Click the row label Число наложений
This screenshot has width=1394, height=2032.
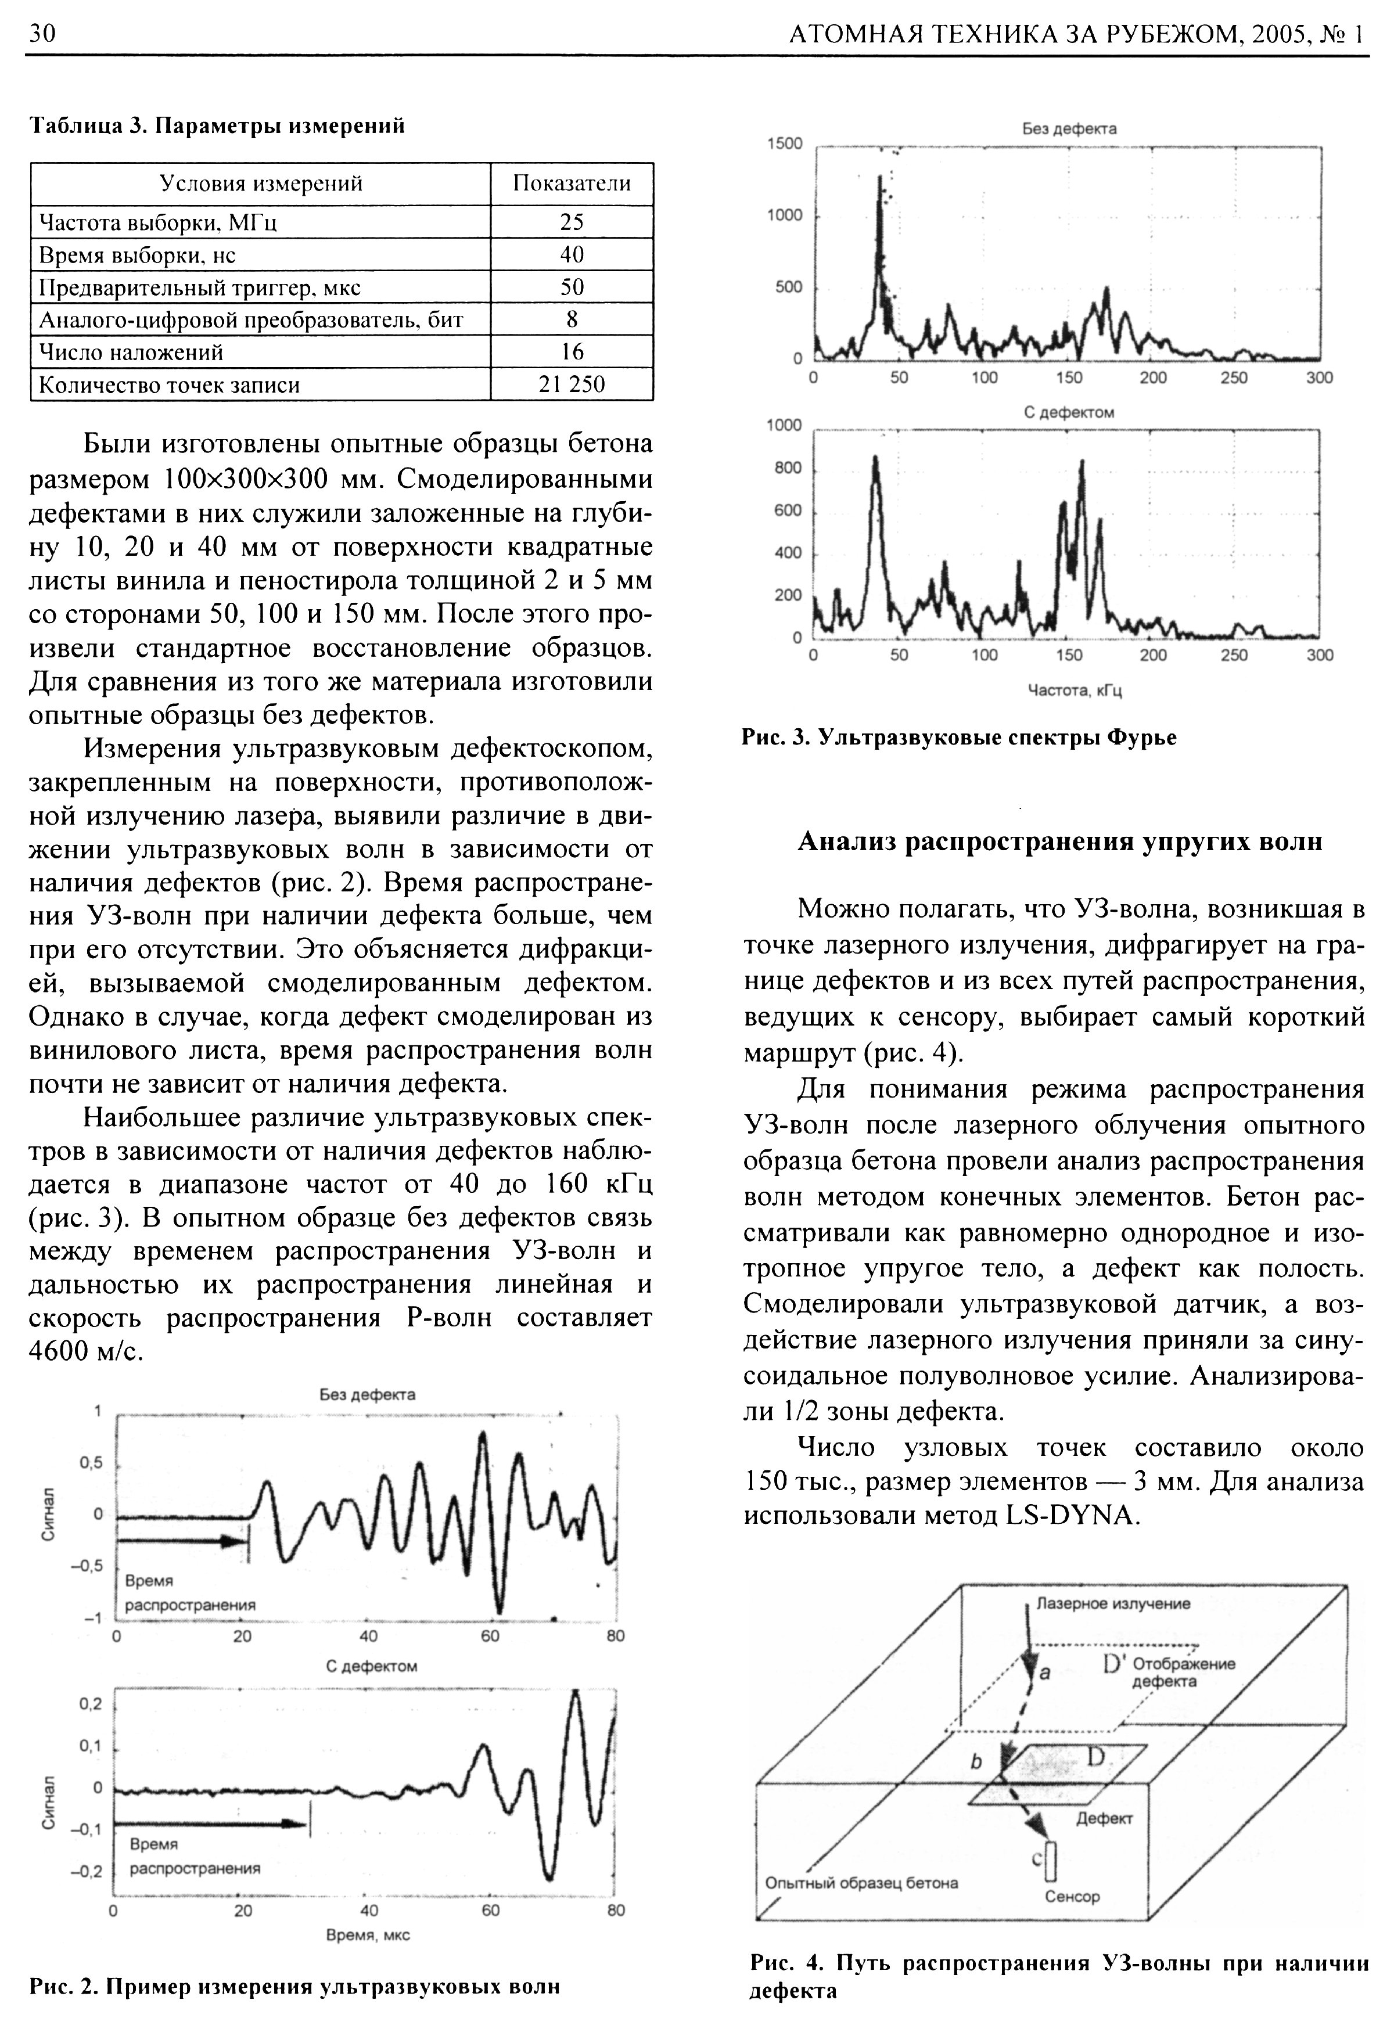(131, 353)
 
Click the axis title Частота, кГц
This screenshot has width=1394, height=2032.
(1075, 690)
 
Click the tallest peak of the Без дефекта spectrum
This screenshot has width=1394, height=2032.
(880, 178)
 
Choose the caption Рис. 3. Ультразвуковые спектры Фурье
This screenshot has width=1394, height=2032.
(958, 737)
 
